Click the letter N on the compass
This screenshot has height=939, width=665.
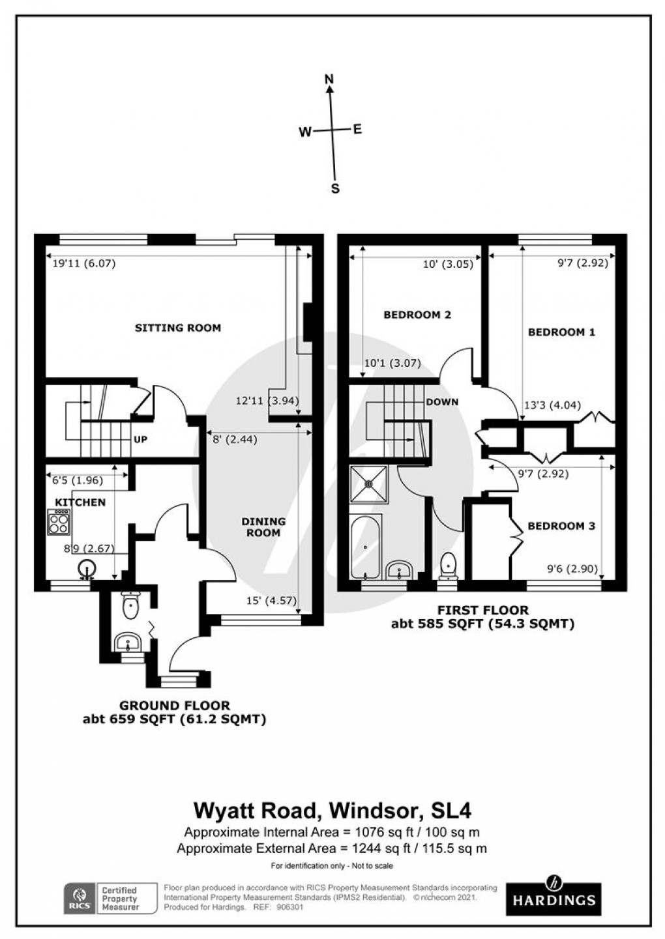pyautogui.click(x=329, y=79)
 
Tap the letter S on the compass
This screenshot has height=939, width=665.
pyautogui.click(x=335, y=189)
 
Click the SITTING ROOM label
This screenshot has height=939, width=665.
pyautogui.click(x=178, y=328)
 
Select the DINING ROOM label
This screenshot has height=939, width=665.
pyautogui.click(x=263, y=527)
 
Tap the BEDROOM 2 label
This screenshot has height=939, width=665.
pyautogui.click(x=417, y=315)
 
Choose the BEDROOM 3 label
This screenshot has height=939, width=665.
pyautogui.click(x=561, y=526)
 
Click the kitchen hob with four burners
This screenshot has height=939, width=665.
pyautogui.click(x=59, y=521)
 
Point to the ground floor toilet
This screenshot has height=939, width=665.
pyautogui.click(x=130, y=605)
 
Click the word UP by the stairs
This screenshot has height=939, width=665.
pyautogui.click(x=140, y=440)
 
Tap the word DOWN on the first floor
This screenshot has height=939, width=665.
pyautogui.click(x=442, y=402)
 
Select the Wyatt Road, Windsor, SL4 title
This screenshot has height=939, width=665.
pyautogui.click(x=332, y=811)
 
